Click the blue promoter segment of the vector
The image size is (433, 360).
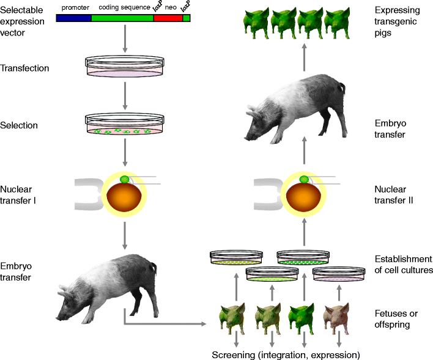73,18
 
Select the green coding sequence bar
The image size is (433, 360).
122,18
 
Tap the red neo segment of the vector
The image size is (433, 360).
168,18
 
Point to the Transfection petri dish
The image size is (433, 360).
125,67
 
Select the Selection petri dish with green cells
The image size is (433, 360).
125,125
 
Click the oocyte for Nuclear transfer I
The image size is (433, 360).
125,195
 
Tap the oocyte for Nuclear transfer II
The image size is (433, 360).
304,195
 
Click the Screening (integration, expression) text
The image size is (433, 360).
285,355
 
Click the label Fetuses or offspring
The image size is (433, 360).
396,318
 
